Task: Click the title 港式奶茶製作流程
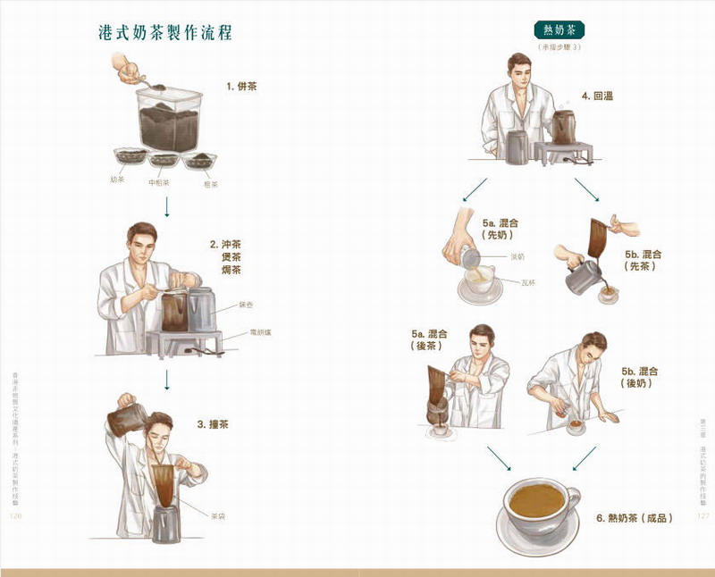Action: point(165,34)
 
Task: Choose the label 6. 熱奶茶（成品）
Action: point(634,518)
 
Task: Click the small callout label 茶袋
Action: point(217,516)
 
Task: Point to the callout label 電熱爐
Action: point(260,333)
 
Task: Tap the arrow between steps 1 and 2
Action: point(166,207)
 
